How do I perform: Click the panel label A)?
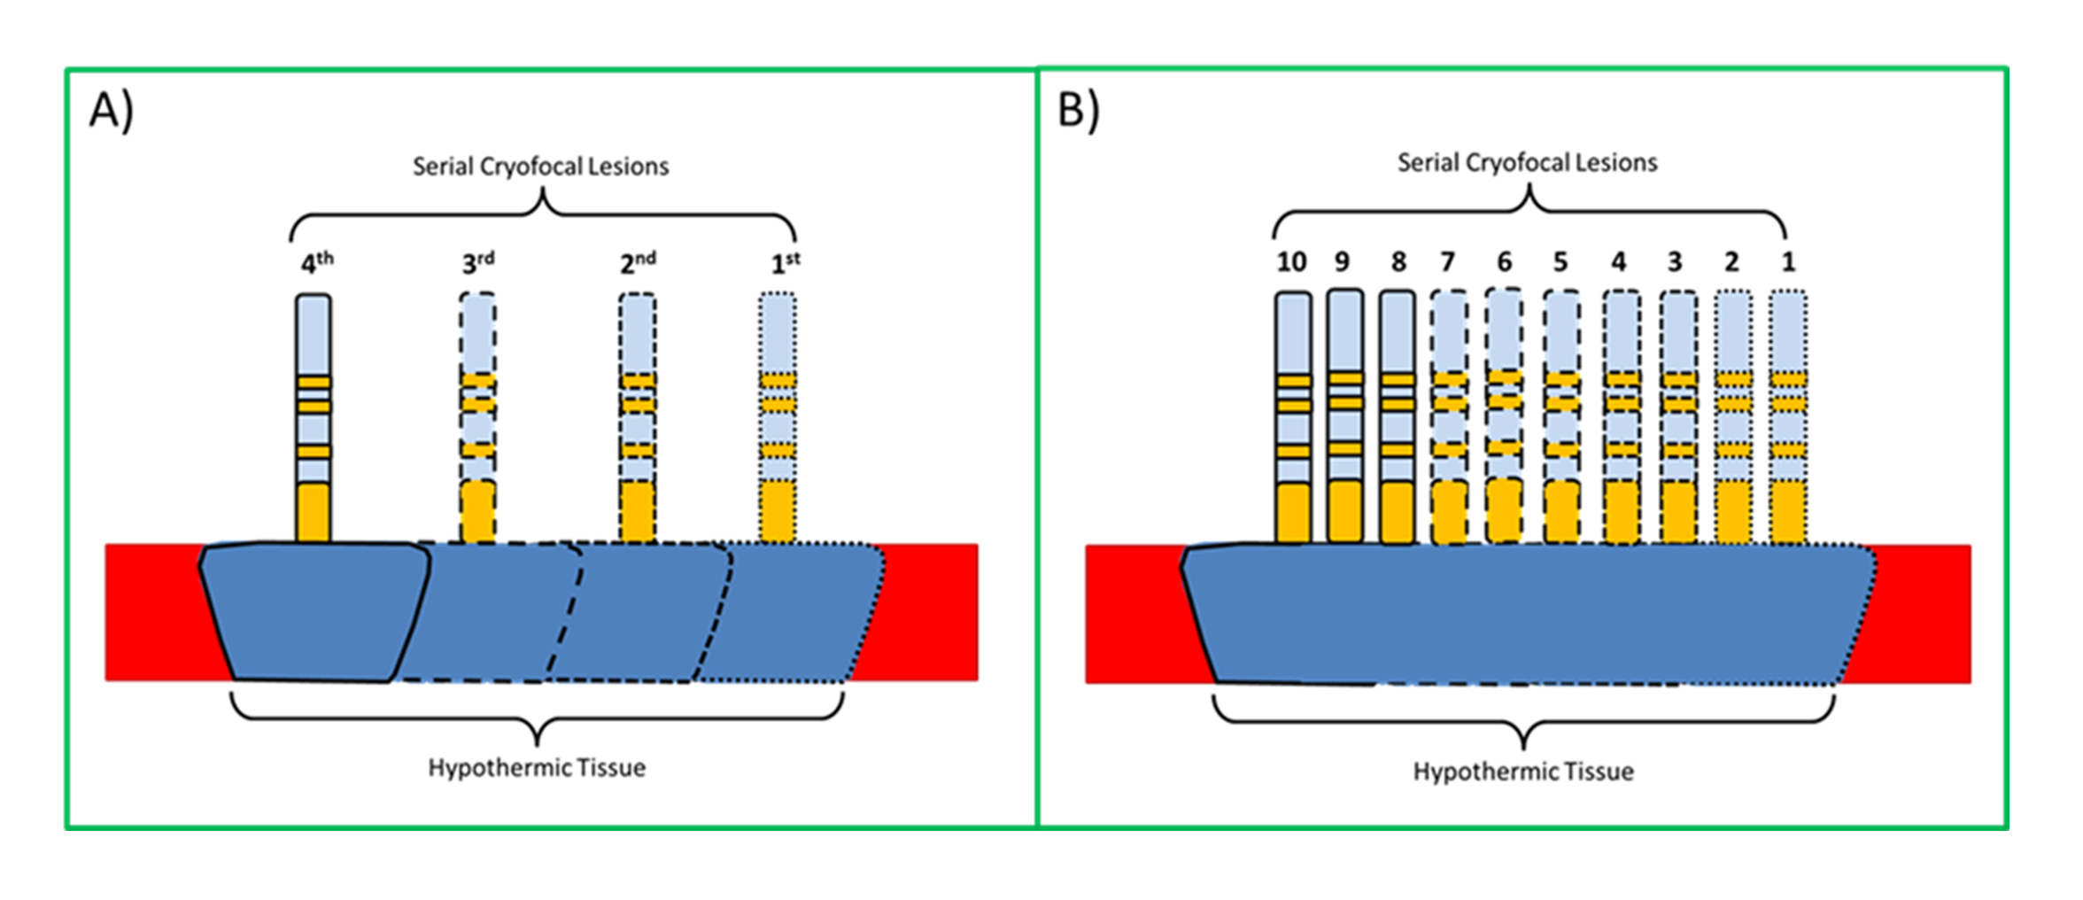click(x=112, y=112)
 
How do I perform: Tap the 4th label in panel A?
click(x=316, y=263)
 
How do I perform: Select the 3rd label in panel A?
click(x=477, y=263)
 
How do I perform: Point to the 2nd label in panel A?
click(x=638, y=263)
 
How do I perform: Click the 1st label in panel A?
click(x=786, y=263)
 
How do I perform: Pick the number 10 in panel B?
click(x=1291, y=262)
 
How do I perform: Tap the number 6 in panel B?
click(x=1504, y=262)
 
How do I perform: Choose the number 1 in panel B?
click(x=1788, y=262)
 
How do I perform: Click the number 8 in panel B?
click(x=1398, y=262)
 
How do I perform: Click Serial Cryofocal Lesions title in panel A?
click(x=540, y=167)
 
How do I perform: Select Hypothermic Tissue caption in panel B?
click(x=1523, y=772)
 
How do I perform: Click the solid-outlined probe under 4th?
click(x=314, y=416)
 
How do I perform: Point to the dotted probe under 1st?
click(x=778, y=416)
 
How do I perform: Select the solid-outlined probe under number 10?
click(x=1293, y=416)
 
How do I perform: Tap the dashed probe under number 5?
click(x=1561, y=416)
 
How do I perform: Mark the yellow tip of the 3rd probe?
click(x=477, y=511)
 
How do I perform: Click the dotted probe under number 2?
click(x=1733, y=416)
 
